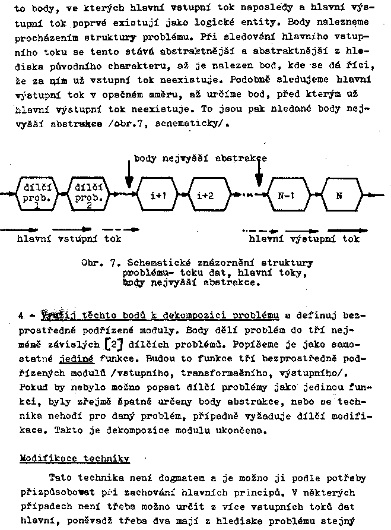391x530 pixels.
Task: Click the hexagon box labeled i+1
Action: [x=158, y=194]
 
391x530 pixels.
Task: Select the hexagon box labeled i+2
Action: [x=205, y=194]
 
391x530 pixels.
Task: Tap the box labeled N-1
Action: [x=287, y=194]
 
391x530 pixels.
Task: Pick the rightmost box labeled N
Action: [x=339, y=194]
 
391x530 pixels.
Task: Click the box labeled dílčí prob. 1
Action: [x=37, y=194]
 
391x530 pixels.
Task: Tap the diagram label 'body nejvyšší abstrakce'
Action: [x=201, y=158]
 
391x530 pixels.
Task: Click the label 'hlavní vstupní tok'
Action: [x=69, y=239]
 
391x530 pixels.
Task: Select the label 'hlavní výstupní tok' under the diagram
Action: [x=304, y=239]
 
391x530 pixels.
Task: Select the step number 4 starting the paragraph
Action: [x=21, y=314]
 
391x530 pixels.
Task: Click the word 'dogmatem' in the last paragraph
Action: [x=182, y=477]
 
